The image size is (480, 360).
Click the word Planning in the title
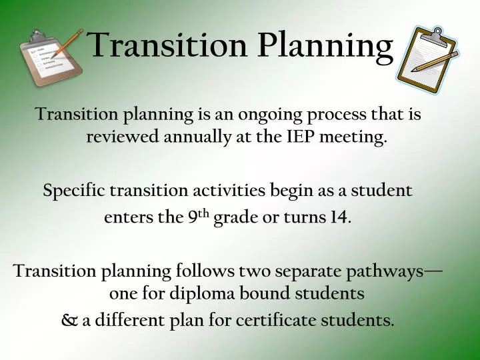coord(326,45)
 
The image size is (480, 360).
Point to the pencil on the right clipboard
coord(434,62)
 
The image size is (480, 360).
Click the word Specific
coord(73,191)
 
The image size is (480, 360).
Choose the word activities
coord(229,191)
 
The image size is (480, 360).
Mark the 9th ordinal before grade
coord(199,217)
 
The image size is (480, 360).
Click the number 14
coord(338,217)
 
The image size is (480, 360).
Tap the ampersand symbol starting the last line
coord(69,320)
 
